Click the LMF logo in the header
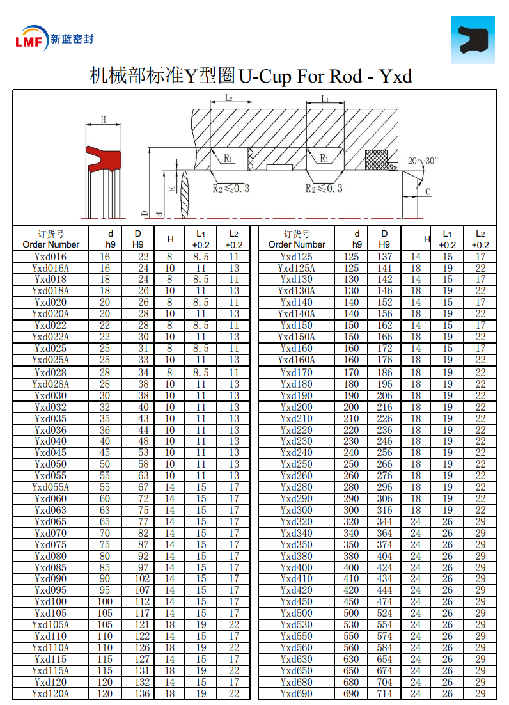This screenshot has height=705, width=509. pos(32,40)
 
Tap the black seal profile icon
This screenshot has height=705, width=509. pos(473,39)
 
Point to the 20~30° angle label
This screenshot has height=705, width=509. pos(423,161)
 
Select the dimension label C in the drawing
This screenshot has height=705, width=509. pos(427,191)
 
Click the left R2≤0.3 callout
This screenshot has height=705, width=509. pos(231,188)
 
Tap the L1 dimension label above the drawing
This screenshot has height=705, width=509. pos(325,99)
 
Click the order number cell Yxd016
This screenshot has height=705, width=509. pos(51,257)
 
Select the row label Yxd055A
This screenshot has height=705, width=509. pos(51,487)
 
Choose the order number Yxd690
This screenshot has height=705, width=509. pos(297,693)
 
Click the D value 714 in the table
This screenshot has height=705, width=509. pos(384,693)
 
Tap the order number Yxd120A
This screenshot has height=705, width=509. pos(51,693)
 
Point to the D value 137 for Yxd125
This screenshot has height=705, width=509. pos(384,257)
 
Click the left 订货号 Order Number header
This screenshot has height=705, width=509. pos(51,239)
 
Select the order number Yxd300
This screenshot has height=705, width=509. pos(297,510)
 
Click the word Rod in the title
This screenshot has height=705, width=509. pos(346,77)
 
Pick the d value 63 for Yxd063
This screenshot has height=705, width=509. pos(105,510)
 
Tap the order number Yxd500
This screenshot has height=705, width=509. pos(297,613)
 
